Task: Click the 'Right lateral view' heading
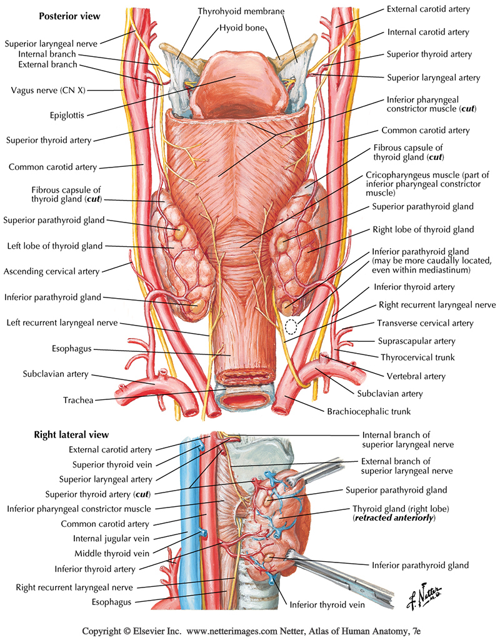tap(70, 434)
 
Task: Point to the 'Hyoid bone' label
tap(242, 28)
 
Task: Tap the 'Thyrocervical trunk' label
tap(417, 357)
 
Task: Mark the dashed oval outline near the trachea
tap(291, 325)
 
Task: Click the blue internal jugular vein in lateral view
tap(187, 500)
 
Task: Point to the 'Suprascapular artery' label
tap(416, 341)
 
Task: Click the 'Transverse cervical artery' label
tap(425, 323)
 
